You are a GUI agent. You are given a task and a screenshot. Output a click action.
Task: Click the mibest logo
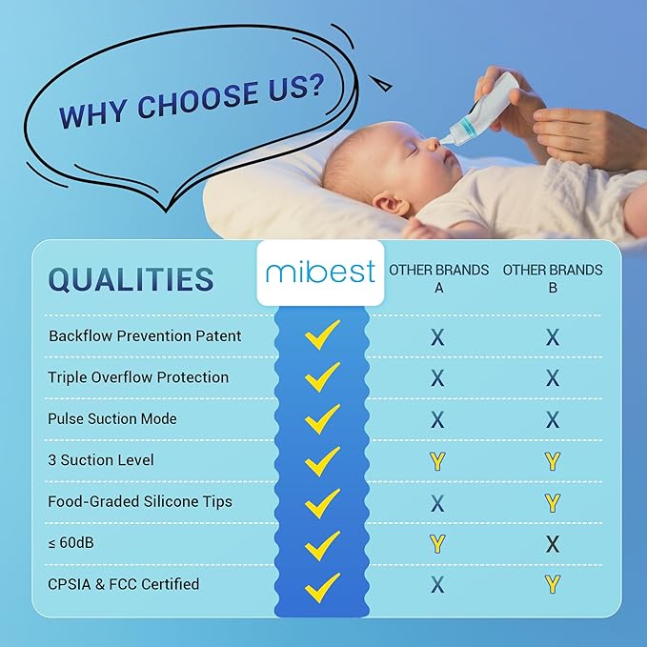tap(320, 273)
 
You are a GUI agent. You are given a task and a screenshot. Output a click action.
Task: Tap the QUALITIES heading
tap(131, 279)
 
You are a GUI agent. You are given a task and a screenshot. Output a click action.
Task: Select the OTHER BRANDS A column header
tap(438, 278)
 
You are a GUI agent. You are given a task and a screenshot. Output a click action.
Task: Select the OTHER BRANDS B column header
tap(553, 278)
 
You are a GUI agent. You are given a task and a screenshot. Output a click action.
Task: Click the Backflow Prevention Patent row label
tap(145, 335)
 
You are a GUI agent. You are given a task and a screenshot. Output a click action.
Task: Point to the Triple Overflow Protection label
tap(138, 377)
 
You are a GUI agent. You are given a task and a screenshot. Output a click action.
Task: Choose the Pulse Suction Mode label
tap(112, 418)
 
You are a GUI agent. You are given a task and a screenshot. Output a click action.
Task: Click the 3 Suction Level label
tap(101, 459)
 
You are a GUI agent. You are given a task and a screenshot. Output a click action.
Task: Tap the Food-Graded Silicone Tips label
tap(140, 501)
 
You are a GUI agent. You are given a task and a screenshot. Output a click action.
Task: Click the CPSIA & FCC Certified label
tap(124, 583)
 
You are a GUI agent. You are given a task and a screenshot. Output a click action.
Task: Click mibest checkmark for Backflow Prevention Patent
tap(322, 334)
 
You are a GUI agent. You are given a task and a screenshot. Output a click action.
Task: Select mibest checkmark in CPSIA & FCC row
tap(322, 584)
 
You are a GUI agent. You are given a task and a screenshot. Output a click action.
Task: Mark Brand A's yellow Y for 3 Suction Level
tap(437, 461)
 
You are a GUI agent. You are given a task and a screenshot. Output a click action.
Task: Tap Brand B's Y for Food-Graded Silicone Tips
tap(553, 502)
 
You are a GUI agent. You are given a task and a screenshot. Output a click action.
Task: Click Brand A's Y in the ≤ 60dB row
tap(437, 544)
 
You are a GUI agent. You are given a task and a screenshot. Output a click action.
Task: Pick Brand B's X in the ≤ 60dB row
tap(553, 544)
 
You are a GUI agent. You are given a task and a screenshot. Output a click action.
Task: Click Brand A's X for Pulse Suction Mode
tap(437, 419)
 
